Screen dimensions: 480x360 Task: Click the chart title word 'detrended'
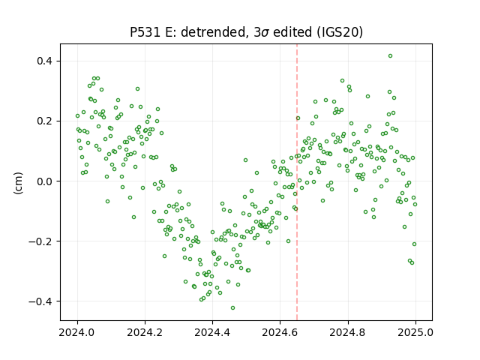(214, 32)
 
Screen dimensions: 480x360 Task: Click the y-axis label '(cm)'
(18, 183)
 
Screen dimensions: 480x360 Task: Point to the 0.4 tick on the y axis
(45, 61)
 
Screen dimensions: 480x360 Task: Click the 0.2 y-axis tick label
(45, 121)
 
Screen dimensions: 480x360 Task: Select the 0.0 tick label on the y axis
(45, 181)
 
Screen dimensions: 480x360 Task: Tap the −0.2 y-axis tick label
(40, 241)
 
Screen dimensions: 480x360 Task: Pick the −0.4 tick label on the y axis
(40, 301)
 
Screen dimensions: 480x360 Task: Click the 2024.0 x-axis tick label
(77, 332)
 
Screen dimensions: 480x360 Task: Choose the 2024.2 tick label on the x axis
(145, 332)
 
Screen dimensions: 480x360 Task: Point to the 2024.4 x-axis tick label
(212, 332)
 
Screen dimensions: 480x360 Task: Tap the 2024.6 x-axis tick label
(280, 332)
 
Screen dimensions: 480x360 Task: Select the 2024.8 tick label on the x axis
(348, 332)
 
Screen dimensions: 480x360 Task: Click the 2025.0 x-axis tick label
(415, 332)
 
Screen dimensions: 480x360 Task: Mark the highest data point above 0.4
(390, 55)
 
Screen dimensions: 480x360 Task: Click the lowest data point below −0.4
(233, 307)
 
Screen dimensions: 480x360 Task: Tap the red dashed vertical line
(297, 181)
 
